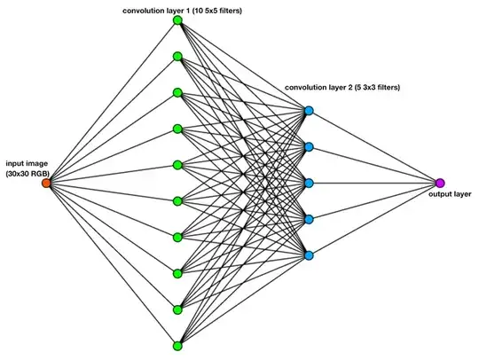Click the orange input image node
(46, 183)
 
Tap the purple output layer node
(440, 183)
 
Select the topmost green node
(177, 20)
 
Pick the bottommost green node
(177, 345)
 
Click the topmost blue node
(309, 111)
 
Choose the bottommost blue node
(309, 255)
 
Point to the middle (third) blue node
(309, 184)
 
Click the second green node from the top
(177, 57)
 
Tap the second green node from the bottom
(177, 309)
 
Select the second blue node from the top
(309, 147)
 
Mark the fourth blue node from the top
(309, 219)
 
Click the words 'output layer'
(450, 194)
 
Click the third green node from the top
(177, 93)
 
